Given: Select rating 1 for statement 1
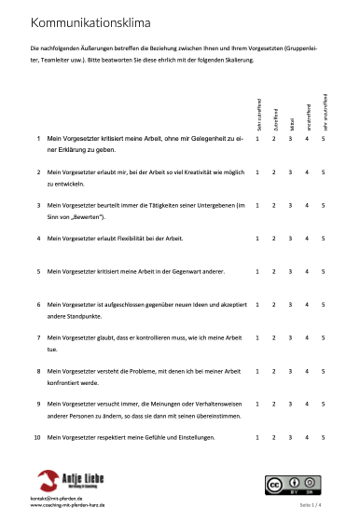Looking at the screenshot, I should (x=257, y=139).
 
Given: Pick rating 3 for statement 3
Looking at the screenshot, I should (x=291, y=205).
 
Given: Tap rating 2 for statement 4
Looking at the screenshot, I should (x=274, y=239).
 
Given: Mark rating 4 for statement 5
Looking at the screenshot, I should (x=307, y=271).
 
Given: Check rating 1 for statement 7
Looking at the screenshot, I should (x=257, y=337).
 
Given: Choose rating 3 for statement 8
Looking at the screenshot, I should (x=291, y=371).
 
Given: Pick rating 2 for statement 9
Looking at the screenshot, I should (x=274, y=404).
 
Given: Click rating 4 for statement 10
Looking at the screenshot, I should (x=307, y=437).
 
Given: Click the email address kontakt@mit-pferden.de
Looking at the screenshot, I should (x=56, y=499).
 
